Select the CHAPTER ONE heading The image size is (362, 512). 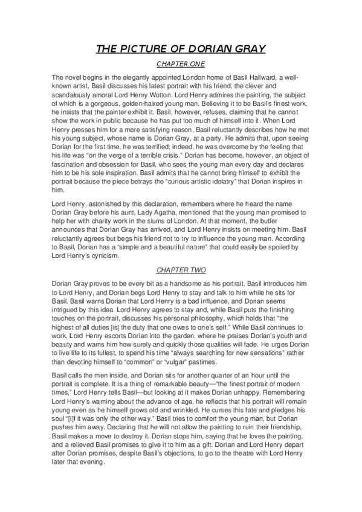click(x=181, y=63)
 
